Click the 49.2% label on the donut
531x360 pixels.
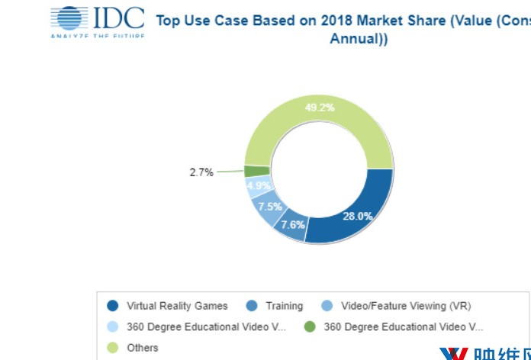[x=320, y=108]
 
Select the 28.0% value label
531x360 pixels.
[x=357, y=217]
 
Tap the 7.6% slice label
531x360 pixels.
[x=292, y=224]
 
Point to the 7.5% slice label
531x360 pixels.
[x=269, y=207]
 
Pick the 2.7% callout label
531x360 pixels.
[x=201, y=172]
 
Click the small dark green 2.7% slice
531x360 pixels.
[x=256, y=171]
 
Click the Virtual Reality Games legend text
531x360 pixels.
[x=177, y=306]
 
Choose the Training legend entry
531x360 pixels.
[x=284, y=306]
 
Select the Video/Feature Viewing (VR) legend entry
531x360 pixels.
[x=406, y=306]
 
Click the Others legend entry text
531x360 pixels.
[x=143, y=348]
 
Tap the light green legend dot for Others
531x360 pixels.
[x=113, y=349]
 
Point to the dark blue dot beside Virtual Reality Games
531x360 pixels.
[x=113, y=307]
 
